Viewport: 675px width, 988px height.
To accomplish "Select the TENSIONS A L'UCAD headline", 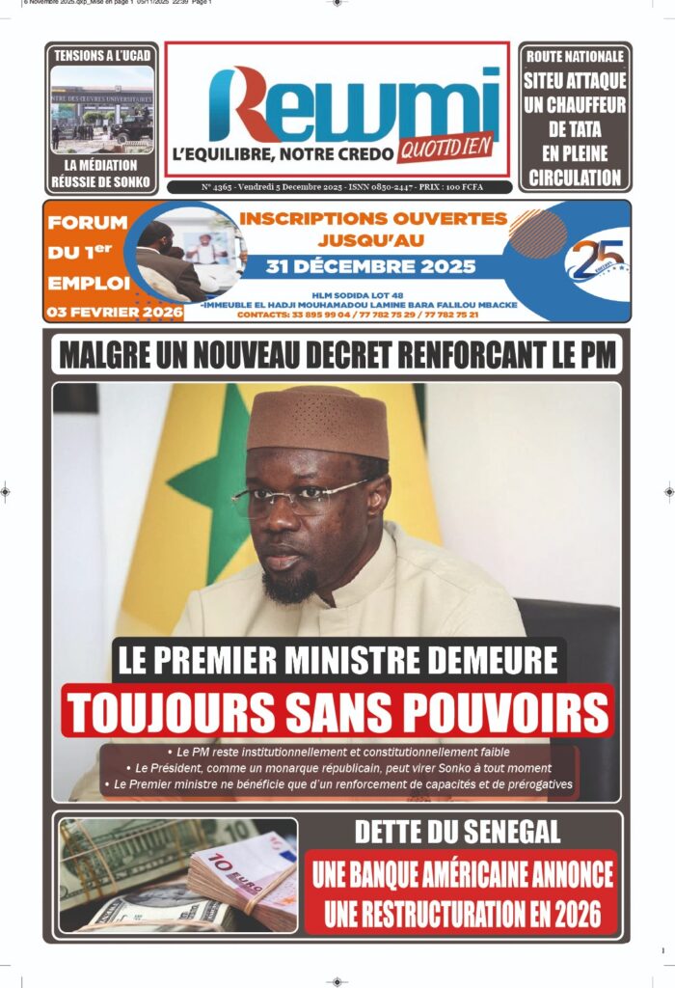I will tap(101, 55).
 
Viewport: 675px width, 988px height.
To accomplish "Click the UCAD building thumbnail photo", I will tap(101, 109).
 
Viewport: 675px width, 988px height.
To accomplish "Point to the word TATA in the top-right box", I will tap(575, 129).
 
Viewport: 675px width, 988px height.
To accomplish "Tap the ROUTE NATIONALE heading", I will tap(575, 57).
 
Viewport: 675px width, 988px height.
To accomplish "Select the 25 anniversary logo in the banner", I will tap(595, 259).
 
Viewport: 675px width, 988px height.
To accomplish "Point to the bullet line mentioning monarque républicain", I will tap(337, 768).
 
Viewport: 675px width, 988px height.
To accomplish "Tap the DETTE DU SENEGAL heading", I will tap(457, 832).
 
